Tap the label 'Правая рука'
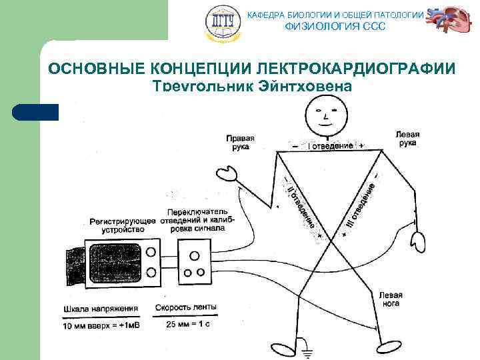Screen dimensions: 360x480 [239, 142]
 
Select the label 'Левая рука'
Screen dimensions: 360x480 [407, 138]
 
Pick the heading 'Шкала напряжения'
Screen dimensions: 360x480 [101, 309]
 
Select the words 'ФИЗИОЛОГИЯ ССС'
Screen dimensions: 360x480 [334, 27]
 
